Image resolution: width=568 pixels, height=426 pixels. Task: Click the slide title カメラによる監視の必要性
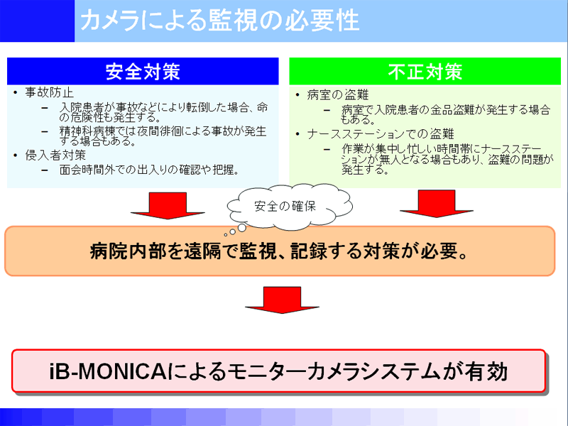click(x=220, y=21)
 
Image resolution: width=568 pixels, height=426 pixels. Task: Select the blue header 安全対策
click(x=143, y=72)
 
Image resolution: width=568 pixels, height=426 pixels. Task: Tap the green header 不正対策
click(x=425, y=72)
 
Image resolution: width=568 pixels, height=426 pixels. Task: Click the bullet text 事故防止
click(x=49, y=93)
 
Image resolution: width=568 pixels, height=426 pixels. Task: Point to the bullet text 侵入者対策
click(x=55, y=155)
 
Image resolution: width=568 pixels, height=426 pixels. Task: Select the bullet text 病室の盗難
click(x=338, y=95)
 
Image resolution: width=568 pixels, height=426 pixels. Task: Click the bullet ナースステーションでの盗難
click(x=381, y=134)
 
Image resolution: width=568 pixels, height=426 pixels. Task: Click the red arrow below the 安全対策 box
click(x=168, y=205)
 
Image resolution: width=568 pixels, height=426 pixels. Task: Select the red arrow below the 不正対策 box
click(x=437, y=204)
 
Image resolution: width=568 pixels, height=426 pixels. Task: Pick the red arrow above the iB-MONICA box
click(x=282, y=300)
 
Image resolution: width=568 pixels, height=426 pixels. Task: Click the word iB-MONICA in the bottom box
click(x=108, y=371)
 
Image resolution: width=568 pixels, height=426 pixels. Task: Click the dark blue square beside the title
click(x=38, y=21)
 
